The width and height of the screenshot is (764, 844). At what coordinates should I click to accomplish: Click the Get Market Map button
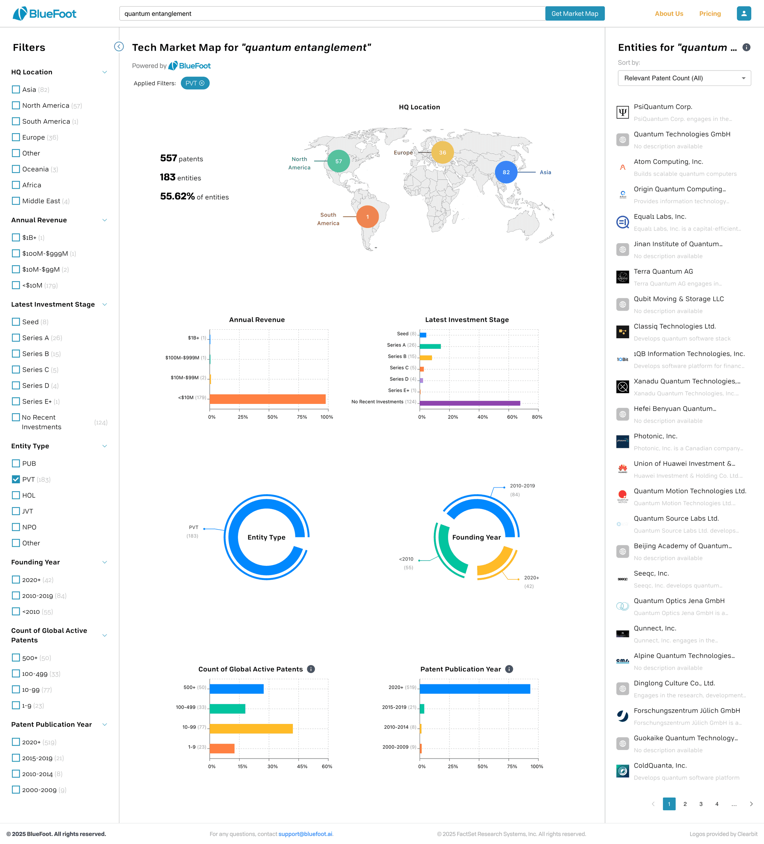[574, 13]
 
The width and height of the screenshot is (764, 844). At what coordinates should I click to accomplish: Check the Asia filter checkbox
[16, 90]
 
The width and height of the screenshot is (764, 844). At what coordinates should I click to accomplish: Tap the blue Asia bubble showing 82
[505, 172]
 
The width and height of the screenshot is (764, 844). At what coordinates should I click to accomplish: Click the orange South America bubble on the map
[367, 217]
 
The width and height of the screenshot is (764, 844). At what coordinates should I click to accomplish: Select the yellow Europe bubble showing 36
[442, 153]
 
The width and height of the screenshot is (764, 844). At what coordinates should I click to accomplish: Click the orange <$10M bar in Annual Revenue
[267, 399]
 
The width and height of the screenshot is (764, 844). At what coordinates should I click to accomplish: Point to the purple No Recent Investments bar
[470, 403]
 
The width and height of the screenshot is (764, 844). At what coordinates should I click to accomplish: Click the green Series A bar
[430, 346]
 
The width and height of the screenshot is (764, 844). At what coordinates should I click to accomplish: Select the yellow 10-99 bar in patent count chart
[251, 728]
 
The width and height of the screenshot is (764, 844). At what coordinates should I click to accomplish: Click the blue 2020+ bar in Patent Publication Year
[475, 689]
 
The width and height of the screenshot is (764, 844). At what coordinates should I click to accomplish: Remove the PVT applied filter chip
[202, 83]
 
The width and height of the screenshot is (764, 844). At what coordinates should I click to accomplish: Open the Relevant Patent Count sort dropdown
[684, 78]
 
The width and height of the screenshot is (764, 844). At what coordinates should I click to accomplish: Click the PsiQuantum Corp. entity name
[663, 107]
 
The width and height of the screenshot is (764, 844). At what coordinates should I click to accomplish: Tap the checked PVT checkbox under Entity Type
[16, 479]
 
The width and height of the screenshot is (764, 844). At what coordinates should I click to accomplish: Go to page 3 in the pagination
[701, 804]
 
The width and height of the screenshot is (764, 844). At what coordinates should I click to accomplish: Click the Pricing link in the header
[710, 14]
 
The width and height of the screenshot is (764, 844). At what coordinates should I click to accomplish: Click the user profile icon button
[743, 13]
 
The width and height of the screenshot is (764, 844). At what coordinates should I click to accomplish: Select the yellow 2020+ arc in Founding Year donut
[497, 563]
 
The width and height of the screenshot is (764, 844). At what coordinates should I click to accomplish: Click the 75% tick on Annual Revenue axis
[302, 417]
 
